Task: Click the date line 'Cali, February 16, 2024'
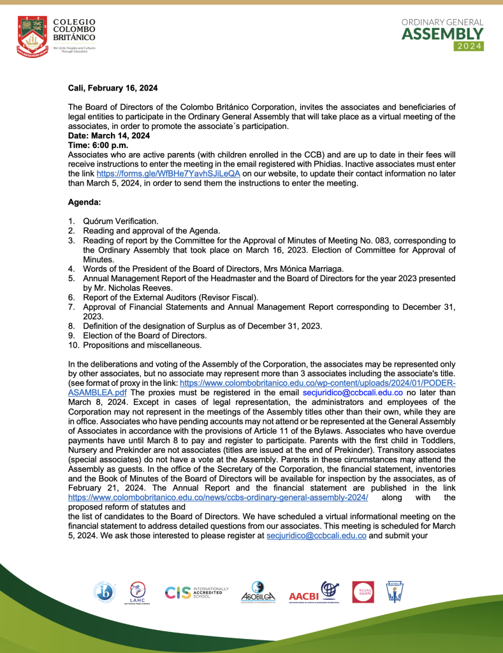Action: pyautogui.click(x=113, y=88)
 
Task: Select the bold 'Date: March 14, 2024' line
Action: pyautogui.click(x=109, y=136)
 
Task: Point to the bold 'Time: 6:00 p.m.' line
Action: pyautogui.click(x=98, y=145)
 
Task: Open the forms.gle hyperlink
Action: pyautogui.click(x=168, y=173)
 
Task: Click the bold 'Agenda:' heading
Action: pyautogui.click(x=85, y=202)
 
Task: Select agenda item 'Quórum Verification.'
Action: pyautogui.click(x=120, y=221)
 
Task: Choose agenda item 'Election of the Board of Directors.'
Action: pyautogui.click(x=145, y=335)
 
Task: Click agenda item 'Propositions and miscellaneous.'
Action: pyautogui.click(x=142, y=345)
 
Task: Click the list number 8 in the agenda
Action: pyautogui.click(x=71, y=326)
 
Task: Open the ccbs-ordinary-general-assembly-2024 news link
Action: pyautogui.click(x=218, y=497)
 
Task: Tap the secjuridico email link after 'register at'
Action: pyautogui.click(x=316, y=536)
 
